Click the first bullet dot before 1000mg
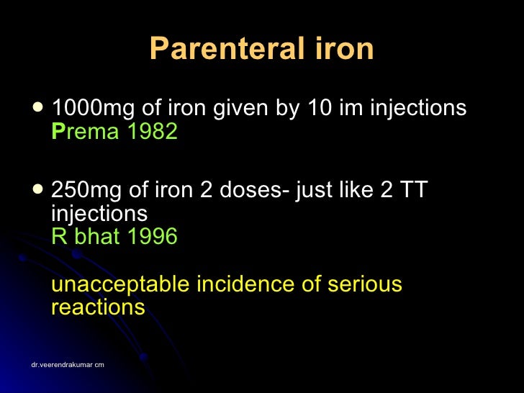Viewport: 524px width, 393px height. point(37,108)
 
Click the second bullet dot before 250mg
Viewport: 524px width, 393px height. point(37,190)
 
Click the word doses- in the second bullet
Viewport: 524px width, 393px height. point(252,191)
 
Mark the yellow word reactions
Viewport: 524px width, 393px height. point(98,307)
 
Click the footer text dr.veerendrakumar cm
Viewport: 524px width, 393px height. point(68,365)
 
